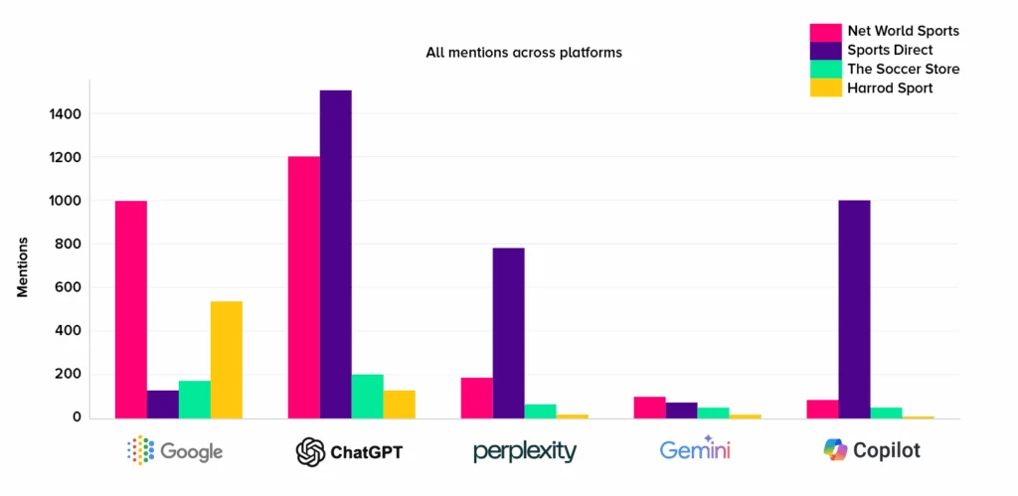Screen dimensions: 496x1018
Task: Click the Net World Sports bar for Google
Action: (x=130, y=309)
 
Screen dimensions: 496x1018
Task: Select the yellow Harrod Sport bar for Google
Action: (x=226, y=359)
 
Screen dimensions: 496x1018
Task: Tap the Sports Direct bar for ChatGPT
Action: (x=335, y=253)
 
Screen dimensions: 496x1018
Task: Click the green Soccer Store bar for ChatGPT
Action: (x=367, y=396)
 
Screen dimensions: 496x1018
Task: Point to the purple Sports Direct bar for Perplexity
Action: (x=508, y=332)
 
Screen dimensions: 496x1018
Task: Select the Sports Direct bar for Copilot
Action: (x=854, y=308)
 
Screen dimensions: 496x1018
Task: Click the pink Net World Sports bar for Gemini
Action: (x=649, y=407)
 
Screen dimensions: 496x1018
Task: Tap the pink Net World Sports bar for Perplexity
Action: (x=476, y=398)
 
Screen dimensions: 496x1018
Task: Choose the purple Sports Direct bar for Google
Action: (x=162, y=404)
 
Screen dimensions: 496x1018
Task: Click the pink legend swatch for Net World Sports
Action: (x=824, y=31)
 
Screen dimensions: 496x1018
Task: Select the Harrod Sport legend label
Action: (x=890, y=88)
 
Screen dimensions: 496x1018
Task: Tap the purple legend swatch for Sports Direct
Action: (x=824, y=50)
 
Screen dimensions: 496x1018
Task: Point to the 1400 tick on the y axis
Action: (x=65, y=114)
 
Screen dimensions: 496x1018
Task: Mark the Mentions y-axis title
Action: (x=21, y=266)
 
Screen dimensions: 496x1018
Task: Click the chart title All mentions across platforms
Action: (x=524, y=52)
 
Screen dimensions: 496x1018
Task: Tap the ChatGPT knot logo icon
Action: (x=310, y=452)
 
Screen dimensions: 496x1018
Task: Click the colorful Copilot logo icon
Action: (x=835, y=450)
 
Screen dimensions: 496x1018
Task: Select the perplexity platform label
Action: (x=524, y=451)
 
